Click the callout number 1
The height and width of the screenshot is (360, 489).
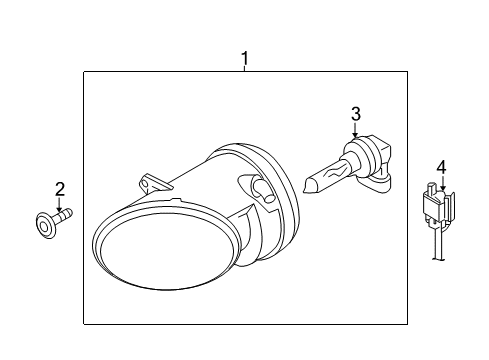tap(245, 59)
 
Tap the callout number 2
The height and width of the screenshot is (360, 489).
tap(60, 189)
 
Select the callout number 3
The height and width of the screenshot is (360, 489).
tap(356, 114)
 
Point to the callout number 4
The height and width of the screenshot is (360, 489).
tap(441, 167)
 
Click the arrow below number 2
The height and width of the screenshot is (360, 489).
tap(59, 205)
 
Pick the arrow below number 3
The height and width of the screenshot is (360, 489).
tap(355, 130)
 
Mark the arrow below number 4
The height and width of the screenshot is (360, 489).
tap(443, 183)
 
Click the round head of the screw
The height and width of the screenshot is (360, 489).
tap(45, 225)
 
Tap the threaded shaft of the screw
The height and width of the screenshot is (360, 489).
tap(62, 216)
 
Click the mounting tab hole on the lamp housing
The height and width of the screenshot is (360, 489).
tap(144, 184)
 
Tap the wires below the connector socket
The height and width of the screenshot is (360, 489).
tap(439, 244)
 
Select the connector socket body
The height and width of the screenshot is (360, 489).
tap(438, 206)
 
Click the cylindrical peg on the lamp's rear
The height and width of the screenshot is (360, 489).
tap(264, 192)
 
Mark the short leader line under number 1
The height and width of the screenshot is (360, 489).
tap(245, 69)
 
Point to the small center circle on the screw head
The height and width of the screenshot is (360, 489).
tap(44, 227)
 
